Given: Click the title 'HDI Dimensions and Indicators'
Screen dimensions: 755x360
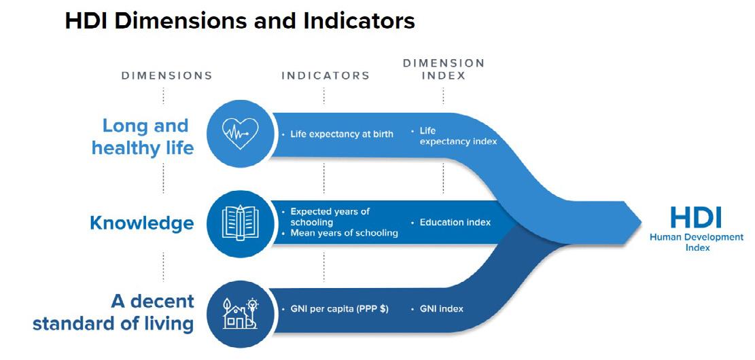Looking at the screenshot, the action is tap(239, 21).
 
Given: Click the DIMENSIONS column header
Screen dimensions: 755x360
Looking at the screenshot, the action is tap(166, 75).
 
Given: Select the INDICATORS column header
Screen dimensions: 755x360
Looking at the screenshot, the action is tap(326, 75).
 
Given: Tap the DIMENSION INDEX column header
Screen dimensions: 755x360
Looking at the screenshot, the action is tap(443, 69).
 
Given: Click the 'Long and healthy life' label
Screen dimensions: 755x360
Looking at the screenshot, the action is tap(143, 136).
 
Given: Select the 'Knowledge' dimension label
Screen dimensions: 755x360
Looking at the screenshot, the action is tap(141, 223).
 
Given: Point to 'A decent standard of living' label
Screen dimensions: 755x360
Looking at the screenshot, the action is tap(113, 311).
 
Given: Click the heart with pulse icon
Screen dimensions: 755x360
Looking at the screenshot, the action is tap(239, 132).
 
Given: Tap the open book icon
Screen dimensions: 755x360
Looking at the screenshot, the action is tap(239, 223).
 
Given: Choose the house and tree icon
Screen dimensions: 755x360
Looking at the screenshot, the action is tap(239, 311).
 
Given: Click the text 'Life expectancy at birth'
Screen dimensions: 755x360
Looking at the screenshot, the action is tap(342, 134).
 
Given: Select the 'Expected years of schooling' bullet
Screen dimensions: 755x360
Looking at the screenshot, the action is tap(330, 217).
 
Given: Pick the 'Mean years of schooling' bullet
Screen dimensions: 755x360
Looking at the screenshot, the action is tap(344, 233).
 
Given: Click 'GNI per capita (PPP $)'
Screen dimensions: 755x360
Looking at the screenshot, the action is tap(339, 309).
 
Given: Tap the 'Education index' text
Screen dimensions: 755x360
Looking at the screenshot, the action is tap(455, 222).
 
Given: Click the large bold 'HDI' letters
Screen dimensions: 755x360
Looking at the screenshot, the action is tap(696, 217).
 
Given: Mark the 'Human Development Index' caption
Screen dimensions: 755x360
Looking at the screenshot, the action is tap(697, 242).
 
